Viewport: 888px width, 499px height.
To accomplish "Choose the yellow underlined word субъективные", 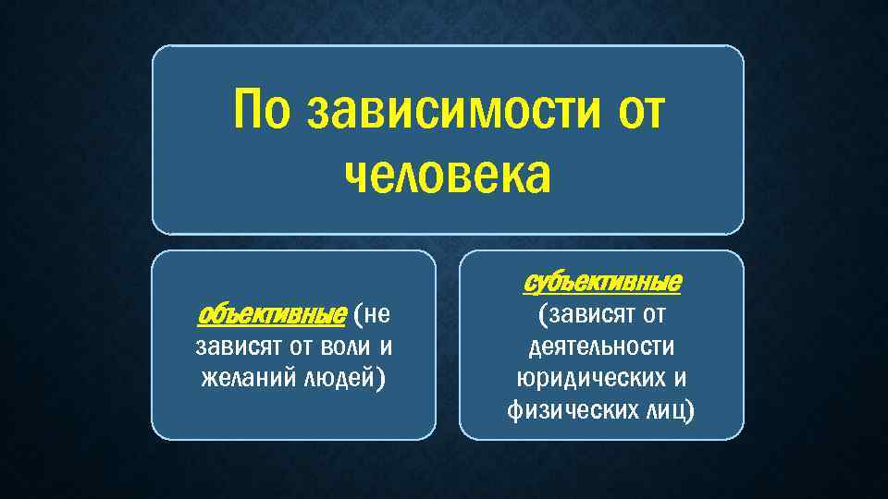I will point(603,281).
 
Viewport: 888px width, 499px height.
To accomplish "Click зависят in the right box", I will point(586,315).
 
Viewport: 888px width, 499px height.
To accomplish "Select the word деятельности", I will point(601,347).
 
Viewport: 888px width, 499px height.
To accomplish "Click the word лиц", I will point(667,410).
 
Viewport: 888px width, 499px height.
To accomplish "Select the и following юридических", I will point(681,379).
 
